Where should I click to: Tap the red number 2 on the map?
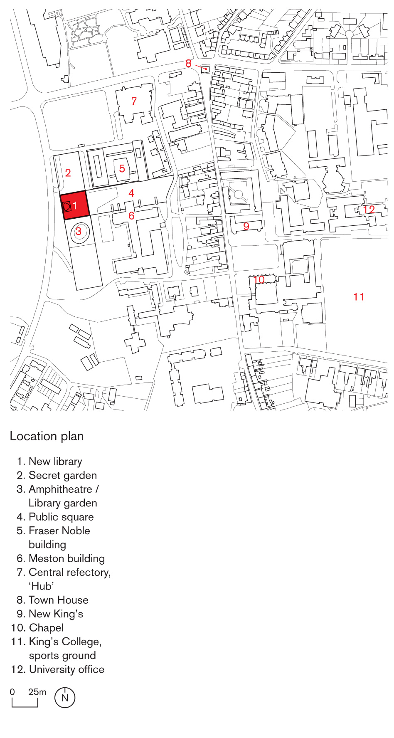pos(68,173)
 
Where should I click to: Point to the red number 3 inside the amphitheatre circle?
pos(78,231)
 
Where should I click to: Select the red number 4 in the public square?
pos(131,193)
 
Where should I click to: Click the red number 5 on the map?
pos(122,169)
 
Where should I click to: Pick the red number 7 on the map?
pos(134,101)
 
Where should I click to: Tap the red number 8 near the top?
pos(188,64)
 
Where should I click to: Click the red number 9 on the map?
pos(246,226)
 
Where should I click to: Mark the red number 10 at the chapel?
pos(259,280)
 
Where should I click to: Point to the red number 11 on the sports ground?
pos(359,297)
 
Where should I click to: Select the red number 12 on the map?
pos(369,210)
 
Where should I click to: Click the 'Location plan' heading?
pos(47,436)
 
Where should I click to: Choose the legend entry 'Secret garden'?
pos(62,475)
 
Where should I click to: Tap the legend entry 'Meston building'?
pos(66,558)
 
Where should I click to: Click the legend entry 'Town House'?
pos(58,600)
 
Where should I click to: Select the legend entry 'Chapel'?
pos(46,628)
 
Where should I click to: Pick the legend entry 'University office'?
pos(66,669)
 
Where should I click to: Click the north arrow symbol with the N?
pos(65,698)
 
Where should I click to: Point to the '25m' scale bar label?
pos(37,692)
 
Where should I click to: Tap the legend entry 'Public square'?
pos(61,517)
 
